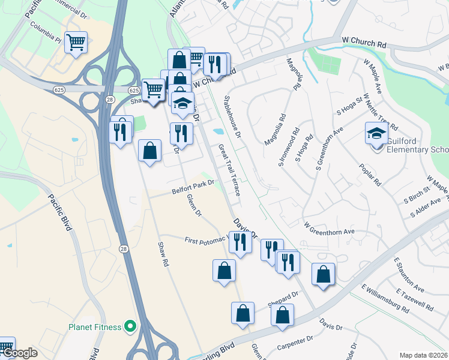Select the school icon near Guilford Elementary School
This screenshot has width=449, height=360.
376,133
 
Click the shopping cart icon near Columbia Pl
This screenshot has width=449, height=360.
76,43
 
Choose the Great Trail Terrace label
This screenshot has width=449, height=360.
229,170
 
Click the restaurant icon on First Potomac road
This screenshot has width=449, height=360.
240,242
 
